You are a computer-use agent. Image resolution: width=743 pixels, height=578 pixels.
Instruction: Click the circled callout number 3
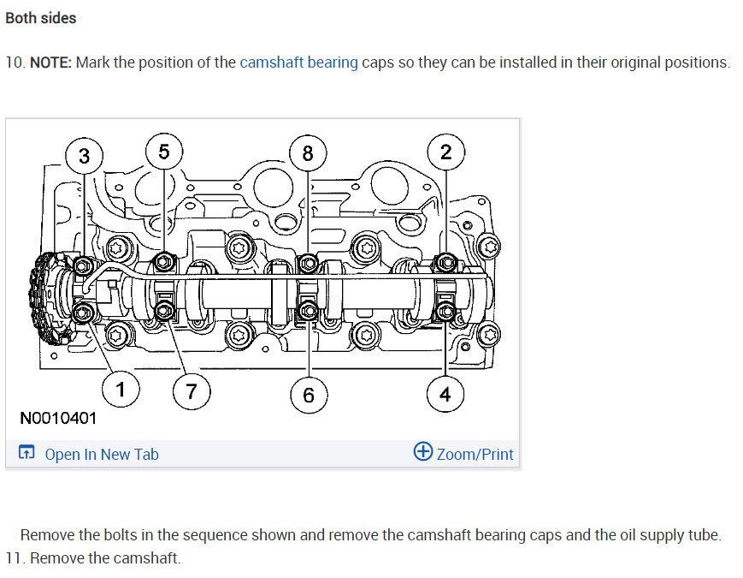click(84, 155)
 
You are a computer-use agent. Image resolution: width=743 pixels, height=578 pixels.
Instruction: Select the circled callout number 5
click(163, 152)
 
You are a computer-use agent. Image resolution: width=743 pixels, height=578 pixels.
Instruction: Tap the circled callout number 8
click(307, 154)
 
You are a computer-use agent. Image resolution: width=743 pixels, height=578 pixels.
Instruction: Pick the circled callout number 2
click(445, 152)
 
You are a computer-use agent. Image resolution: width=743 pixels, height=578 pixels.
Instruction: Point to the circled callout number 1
click(121, 390)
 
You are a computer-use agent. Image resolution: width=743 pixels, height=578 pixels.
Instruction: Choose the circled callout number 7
click(192, 392)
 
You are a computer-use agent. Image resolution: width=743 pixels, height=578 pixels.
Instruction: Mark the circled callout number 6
click(308, 394)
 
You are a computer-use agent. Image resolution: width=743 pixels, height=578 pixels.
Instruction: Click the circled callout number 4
click(445, 394)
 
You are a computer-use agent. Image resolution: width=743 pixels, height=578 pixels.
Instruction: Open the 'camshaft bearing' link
click(298, 63)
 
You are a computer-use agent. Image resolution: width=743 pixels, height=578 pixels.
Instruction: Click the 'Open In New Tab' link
click(101, 455)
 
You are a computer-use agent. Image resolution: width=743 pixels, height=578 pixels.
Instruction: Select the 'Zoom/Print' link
click(475, 454)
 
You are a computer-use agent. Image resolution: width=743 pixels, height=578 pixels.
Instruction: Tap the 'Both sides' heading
click(40, 18)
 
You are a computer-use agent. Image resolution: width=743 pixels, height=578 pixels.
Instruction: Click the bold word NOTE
click(50, 63)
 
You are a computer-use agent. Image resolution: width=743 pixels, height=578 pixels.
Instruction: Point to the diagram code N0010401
click(58, 419)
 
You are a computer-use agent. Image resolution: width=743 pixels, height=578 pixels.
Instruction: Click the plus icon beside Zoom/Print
click(422, 452)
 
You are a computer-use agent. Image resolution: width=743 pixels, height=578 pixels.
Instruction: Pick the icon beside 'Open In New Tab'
click(27, 454)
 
